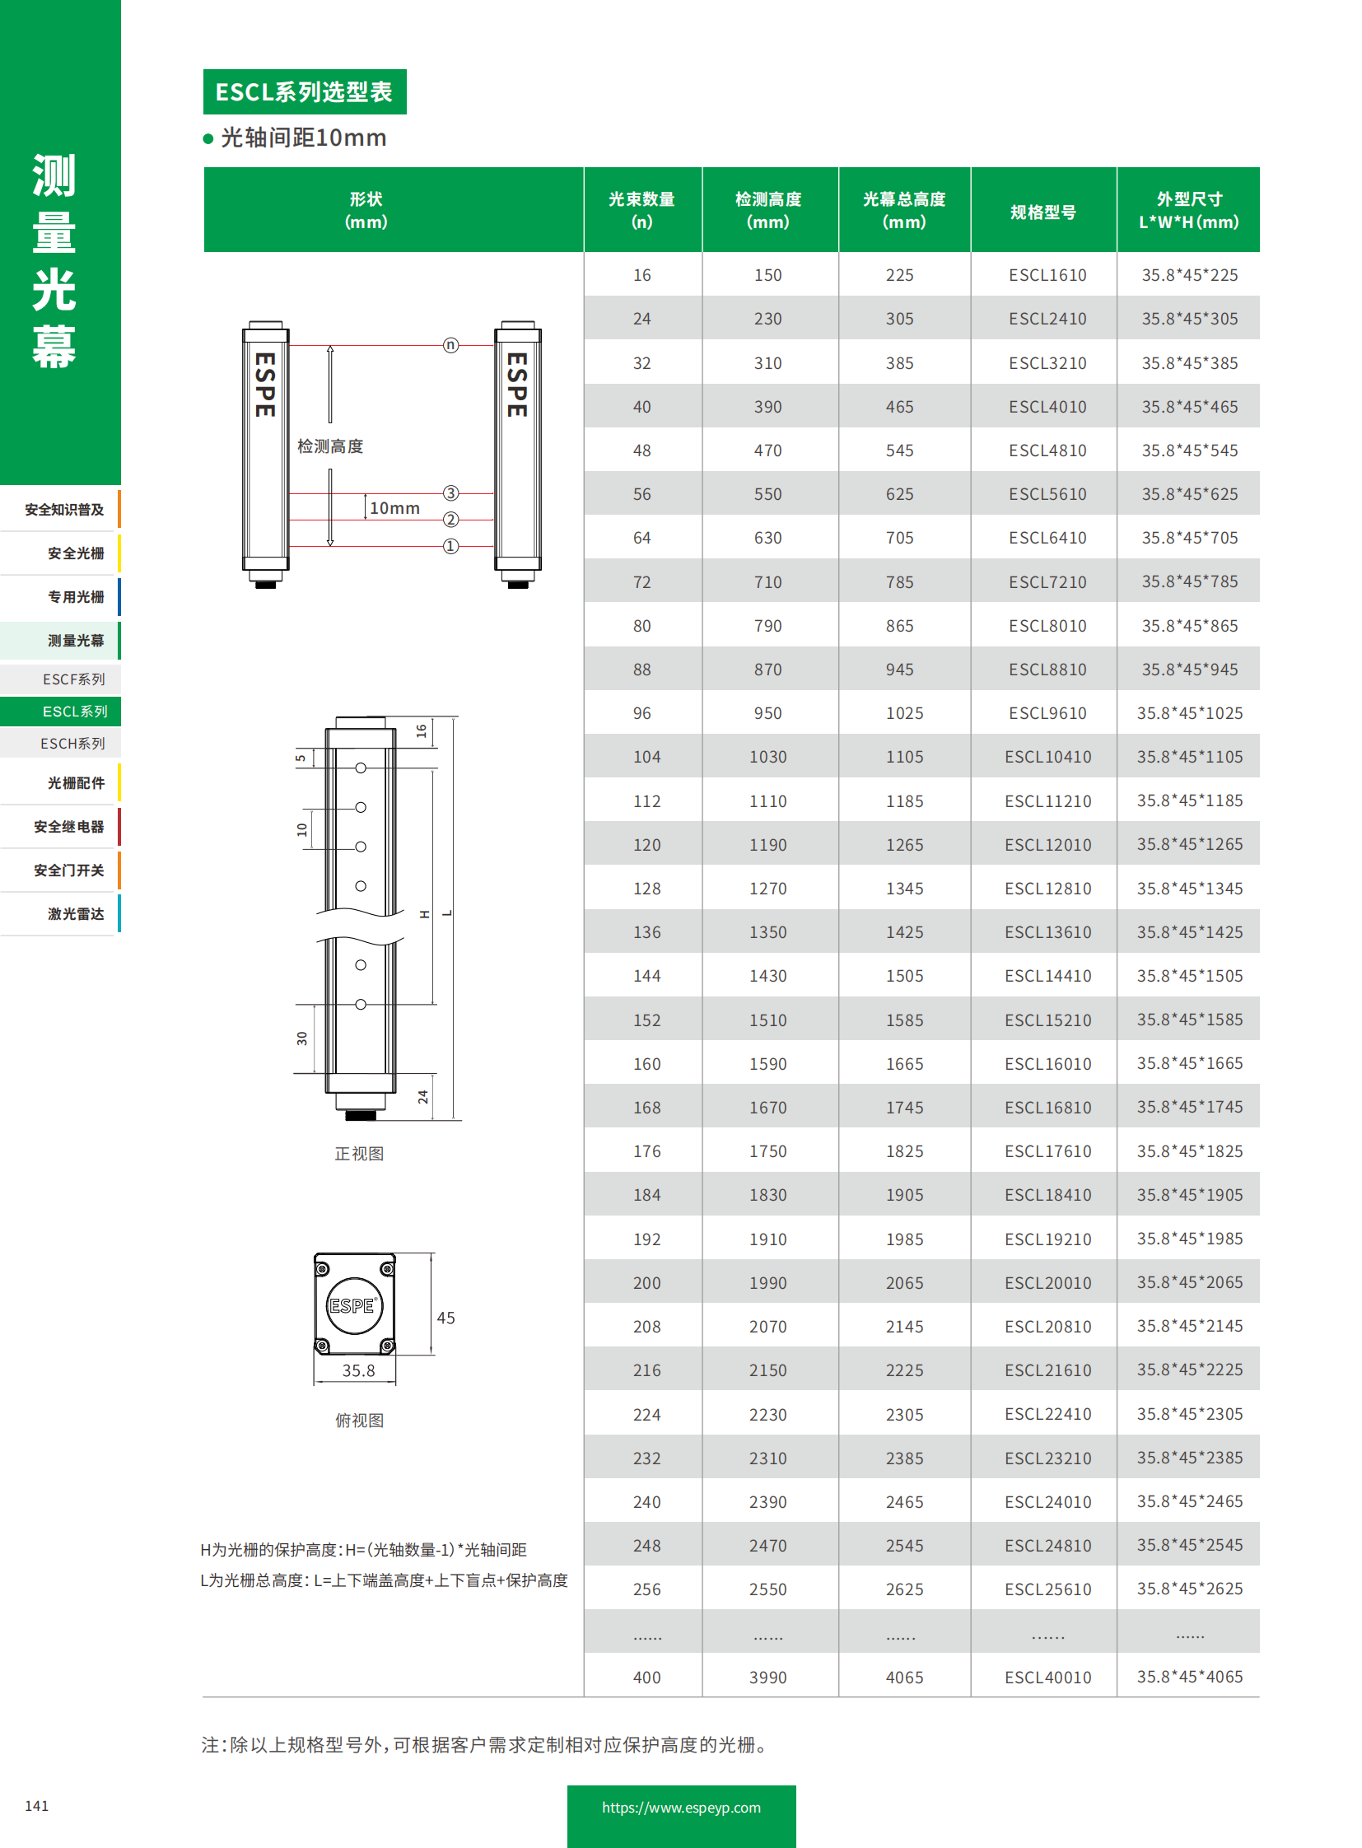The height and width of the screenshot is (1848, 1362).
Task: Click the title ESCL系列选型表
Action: [x=303, y=91]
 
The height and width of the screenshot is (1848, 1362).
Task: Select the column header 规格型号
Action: [x=1043, y=212]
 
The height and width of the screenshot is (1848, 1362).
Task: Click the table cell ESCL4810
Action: [x=1047, y=450]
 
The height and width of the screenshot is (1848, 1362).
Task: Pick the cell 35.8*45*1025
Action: [x=1189, y=713]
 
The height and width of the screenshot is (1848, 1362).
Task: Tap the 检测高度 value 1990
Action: [x=767, y=1283]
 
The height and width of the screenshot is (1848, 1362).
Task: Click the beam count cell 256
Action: [x=646, y=1589]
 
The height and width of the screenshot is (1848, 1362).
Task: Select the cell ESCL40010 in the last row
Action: [x=1047, y=1678]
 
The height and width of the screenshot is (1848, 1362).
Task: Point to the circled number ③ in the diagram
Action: [x=450, y=493]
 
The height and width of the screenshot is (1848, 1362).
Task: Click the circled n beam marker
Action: [x=450, y=345]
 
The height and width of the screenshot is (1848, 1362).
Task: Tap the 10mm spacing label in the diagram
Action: [x=394, y=508]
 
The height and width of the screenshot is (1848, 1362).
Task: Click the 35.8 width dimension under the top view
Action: [x=358, y=1370]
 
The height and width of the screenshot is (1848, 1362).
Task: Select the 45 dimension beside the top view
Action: [x=445, y=1318]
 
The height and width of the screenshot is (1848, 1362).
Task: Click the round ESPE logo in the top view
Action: [x=354, y=1305]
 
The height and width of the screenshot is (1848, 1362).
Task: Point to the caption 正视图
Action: [x=359, y=1154]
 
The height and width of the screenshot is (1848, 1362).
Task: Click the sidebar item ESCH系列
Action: [x=72, y=743]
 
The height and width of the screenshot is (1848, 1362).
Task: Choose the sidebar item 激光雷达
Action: [x=75, y=913]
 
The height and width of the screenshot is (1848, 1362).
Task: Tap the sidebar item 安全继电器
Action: [x=68, y=826]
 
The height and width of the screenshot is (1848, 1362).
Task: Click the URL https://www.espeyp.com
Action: [x=681, y=1808]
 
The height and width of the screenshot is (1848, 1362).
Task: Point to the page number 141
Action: [x=36, y=1806]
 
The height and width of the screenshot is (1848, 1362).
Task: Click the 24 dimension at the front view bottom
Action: [x=423, y=1097]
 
